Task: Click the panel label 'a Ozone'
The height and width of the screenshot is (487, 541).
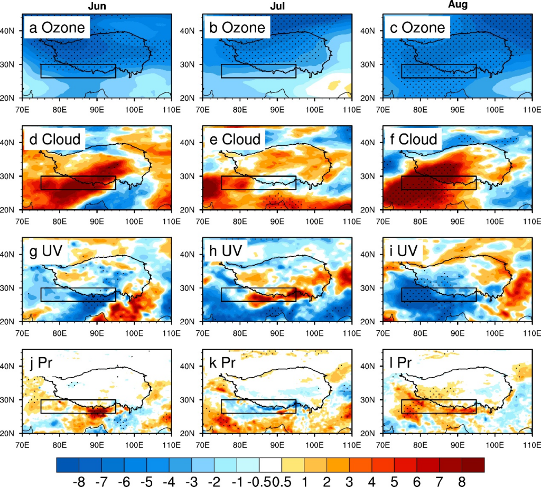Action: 57,28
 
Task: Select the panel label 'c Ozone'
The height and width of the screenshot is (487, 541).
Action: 418,28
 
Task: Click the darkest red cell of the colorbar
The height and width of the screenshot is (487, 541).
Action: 473,464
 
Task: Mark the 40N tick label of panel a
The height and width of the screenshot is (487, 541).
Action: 13,31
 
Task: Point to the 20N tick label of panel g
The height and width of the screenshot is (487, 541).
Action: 13,321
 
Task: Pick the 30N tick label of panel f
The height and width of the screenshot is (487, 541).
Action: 374,176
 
